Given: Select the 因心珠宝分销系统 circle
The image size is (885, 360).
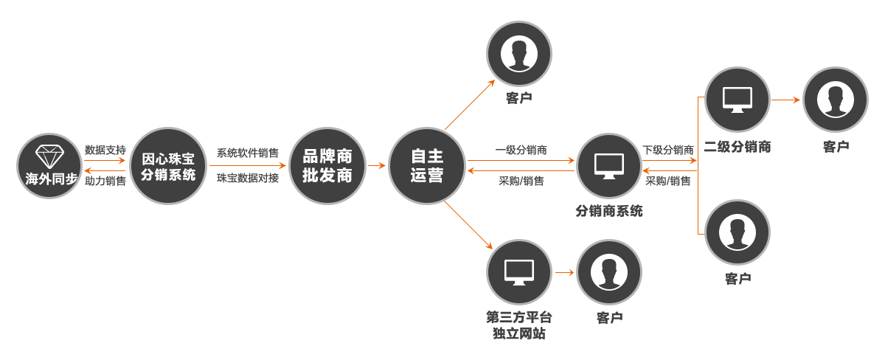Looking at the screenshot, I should click(x=167, y=165).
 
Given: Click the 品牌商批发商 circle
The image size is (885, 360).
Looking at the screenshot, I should click(x=327, y=165).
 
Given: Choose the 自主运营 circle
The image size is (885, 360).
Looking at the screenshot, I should click(x=427, y=165).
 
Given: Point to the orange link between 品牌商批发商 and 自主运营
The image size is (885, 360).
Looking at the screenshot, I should click(x=376, y=165).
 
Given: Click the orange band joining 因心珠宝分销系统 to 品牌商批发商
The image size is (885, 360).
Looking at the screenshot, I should click(x=246, y=165).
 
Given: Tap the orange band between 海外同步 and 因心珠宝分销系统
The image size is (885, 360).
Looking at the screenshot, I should click(x=105, y=165).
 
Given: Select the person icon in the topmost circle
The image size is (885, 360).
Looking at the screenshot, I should click(x=518, y=53).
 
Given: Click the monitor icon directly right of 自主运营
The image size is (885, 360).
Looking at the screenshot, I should click(x=608, y=165).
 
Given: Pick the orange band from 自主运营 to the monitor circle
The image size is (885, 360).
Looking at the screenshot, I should click(x=521, y=165).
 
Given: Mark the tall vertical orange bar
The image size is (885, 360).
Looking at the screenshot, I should click(x=701, y=165).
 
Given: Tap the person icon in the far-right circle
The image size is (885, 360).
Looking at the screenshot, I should click(x=836, y=100).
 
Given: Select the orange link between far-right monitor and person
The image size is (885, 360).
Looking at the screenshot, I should click(x=785, y=100).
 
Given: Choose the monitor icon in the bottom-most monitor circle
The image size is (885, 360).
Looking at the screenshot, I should click(x=518, y=272).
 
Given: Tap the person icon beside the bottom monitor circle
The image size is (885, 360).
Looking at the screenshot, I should click(x=608, y=272).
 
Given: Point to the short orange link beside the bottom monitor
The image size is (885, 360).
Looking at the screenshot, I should click(x=564, y=272).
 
